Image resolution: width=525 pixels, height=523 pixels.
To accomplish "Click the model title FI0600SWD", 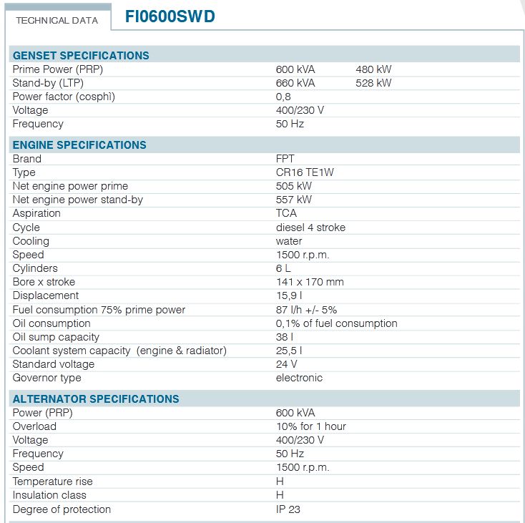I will (x=170, y=17).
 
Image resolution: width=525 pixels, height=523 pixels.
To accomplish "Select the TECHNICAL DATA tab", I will (x=57, y=20).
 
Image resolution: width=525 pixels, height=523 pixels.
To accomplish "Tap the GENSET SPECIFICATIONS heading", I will (x=81, y=56).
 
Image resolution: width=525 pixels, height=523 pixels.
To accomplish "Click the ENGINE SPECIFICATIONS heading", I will (x=79, y=145).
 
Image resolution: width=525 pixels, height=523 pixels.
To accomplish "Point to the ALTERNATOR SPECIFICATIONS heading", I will (x=96, y=399).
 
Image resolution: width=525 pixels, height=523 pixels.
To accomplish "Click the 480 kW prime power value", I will (x=373, y=69).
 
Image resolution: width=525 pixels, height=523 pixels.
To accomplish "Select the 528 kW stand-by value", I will (x=373, y=83).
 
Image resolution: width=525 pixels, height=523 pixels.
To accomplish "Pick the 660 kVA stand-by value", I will (x=295, y=83).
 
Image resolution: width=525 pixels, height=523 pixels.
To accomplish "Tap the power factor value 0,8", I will (x=283, y=97).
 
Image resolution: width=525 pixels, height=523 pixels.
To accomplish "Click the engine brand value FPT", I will (x=285, y=159).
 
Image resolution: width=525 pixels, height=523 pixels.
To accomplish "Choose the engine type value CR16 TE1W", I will (x=305, y=172).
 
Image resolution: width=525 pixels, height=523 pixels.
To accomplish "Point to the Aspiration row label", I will (x=36, y=213).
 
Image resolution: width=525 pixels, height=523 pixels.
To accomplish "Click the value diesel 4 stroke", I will (x=310, y=228).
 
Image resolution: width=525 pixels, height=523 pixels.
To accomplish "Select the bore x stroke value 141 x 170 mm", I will (x=310, y=282).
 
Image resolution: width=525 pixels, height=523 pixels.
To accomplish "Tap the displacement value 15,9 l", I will (x=289, y=295).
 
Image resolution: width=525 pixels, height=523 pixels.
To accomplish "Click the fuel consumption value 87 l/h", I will (x=306, y=310).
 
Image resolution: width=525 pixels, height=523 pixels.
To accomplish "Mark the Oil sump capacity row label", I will (x=56, y=337).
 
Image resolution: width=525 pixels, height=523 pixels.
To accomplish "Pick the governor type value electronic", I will (x=299, y=378).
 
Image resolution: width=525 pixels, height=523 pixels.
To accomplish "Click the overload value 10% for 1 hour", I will (x=310, y=426).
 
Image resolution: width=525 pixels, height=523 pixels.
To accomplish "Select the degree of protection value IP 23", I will (x=289, y=509).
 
